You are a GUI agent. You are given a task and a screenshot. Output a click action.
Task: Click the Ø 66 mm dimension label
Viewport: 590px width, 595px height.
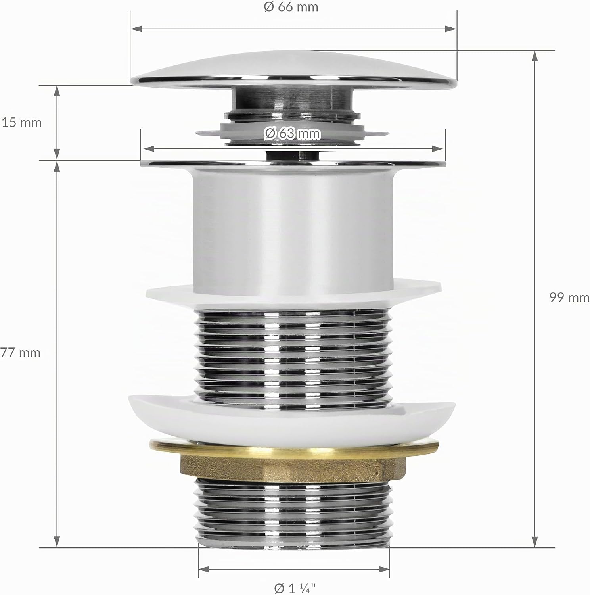(x=291, y=7)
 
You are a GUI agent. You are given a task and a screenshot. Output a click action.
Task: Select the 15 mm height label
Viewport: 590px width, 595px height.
(x=22, y=122)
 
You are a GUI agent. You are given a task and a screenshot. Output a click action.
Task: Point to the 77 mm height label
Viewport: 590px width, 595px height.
(x=21, y=352)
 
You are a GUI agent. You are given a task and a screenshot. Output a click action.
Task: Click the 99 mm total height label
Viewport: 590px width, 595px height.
(x=569, y=297)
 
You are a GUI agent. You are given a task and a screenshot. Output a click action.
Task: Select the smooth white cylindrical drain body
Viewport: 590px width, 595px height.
(x=294, y=230)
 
